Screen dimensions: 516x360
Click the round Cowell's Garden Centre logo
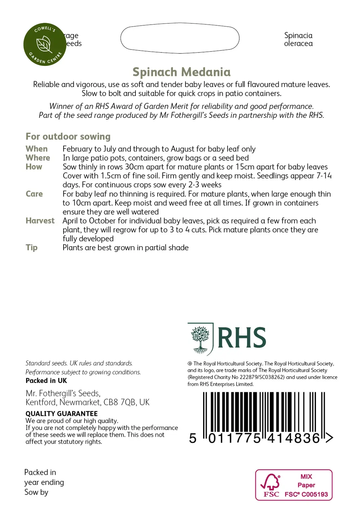[45, 44]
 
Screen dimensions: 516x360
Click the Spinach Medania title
[182, 72]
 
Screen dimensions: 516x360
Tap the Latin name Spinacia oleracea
[298, 40]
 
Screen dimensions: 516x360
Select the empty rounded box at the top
[180, 38]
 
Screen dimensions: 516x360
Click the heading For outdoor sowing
[68, 136]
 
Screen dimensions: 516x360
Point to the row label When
[37, 149]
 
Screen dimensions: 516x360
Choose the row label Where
[38, 158]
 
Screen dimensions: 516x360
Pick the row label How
[34, 167]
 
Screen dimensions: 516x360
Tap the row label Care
[34, 194]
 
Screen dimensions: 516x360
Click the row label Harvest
[40, 221]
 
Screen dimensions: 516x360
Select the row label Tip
[32, 248]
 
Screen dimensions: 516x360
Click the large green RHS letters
[242, 338]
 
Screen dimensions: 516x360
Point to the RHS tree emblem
[200, 339]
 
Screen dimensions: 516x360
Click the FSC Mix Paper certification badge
[294, 485]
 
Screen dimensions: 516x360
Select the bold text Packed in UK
[46, 381]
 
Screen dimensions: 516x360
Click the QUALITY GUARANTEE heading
[62, 414]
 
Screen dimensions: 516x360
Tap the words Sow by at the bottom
[36, 492]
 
